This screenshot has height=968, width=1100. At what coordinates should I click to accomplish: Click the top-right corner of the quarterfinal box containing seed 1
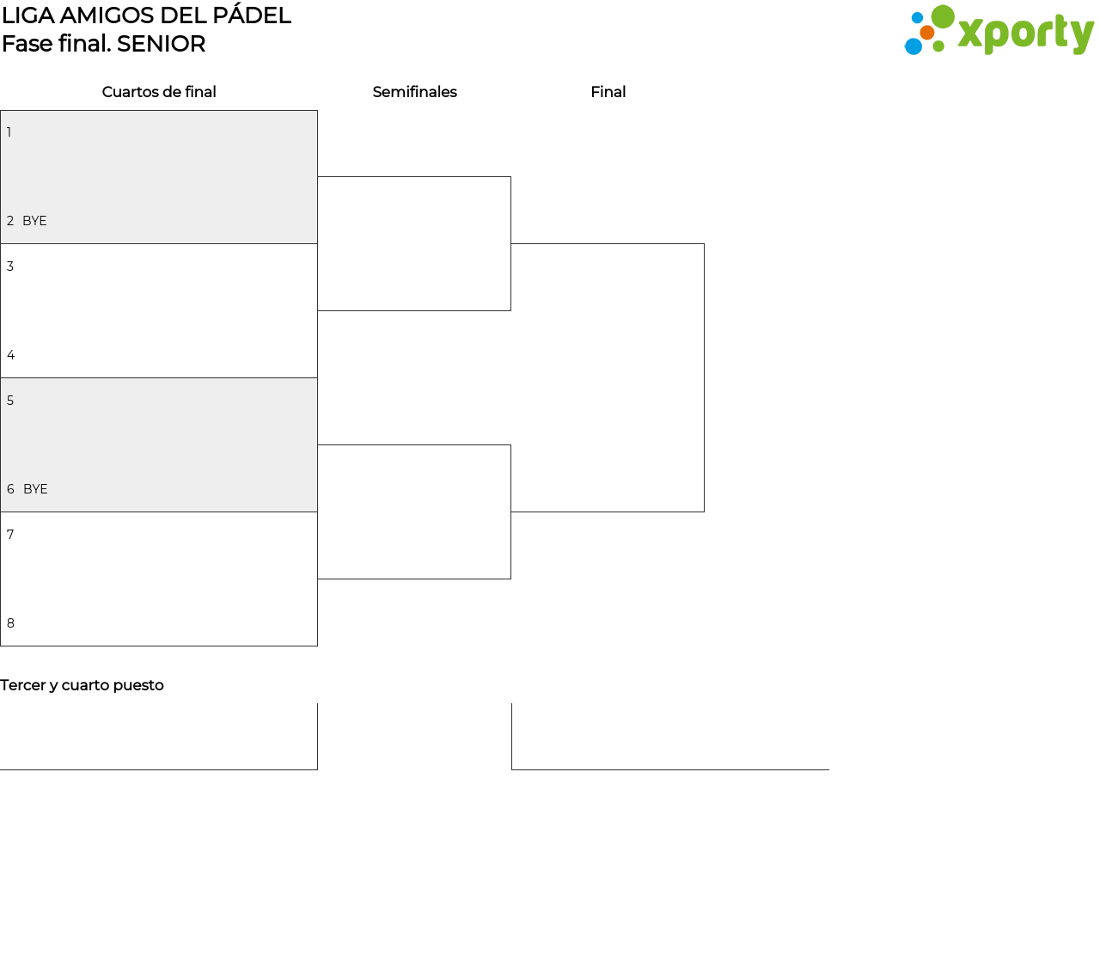[318, 111]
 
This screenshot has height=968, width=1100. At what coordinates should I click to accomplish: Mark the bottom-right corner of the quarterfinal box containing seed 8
[318, 646]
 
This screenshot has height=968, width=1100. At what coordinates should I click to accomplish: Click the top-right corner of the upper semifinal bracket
[511, 176]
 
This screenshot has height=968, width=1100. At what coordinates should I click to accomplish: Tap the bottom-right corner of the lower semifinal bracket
[511, 579]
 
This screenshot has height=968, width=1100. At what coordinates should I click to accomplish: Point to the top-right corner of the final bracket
[704, 244]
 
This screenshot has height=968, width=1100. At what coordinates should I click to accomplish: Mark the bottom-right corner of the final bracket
[704, 512]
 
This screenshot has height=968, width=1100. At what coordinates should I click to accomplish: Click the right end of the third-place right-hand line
[829, 769]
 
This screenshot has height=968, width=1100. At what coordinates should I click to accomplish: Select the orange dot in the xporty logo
[926, 33]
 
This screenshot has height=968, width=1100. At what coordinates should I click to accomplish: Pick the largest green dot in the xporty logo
[943, 16]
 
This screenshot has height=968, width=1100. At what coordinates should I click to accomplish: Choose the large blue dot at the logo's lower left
[914, 46]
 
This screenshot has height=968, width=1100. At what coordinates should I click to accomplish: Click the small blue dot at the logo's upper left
[917, 18]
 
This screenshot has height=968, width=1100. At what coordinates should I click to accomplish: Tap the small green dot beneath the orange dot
[938, 46]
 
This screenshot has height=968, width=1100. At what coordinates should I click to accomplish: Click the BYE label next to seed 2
[34, 221]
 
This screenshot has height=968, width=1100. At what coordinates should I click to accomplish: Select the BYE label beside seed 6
[35, 489]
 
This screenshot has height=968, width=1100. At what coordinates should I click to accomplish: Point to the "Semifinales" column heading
[415, 92]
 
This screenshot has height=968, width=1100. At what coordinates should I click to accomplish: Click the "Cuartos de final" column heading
[159, 92]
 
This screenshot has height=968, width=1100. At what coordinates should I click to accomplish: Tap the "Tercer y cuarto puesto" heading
[82, 685]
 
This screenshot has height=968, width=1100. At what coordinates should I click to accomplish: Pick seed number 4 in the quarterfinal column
[11, 355]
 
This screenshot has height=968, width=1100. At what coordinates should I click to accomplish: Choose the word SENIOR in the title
[162, 44]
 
